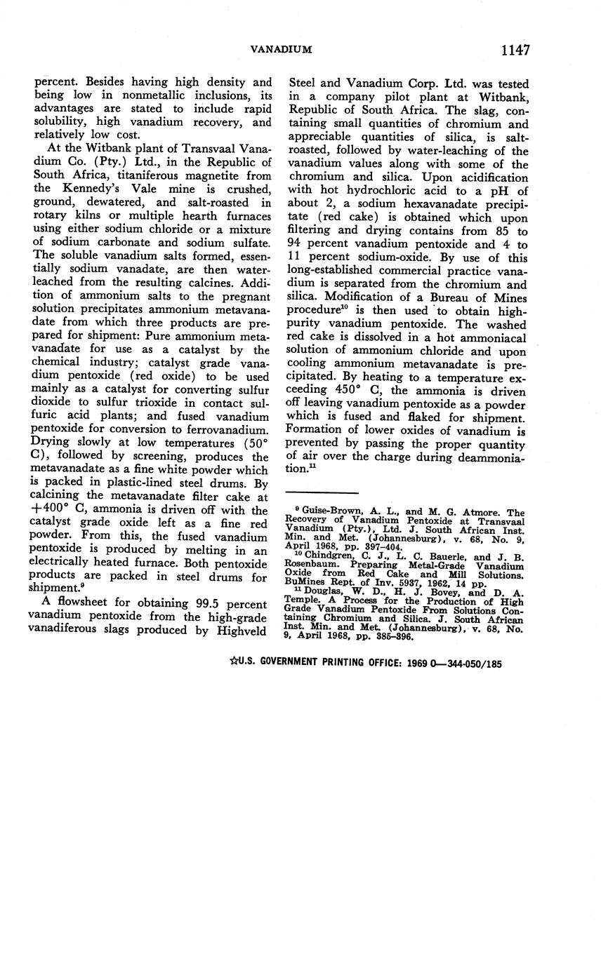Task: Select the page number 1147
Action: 515,50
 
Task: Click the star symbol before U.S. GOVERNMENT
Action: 232,661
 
